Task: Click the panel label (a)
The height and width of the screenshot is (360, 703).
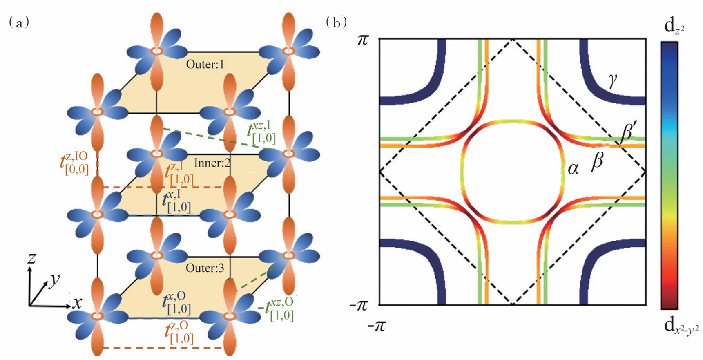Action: [x=18, y=22]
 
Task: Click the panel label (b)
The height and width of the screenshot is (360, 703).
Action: [x=336, y=22]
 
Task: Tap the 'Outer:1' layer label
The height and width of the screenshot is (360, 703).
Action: [x=205, y=65]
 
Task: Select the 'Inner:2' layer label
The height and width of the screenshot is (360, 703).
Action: [x=212, y=163]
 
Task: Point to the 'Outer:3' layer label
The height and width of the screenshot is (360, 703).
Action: [x=205, y=268]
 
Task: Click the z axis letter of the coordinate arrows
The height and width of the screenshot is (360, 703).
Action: [x=31, y=258]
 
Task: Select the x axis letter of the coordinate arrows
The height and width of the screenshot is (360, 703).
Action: [x=77, y=303]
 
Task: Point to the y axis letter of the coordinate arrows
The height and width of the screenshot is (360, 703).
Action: [x=54, y=280]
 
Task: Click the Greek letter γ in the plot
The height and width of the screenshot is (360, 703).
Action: [x=612, y=80]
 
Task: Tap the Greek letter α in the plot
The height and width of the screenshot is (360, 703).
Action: [x=573, y=168]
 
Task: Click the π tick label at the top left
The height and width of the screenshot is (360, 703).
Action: [x=363, y=40]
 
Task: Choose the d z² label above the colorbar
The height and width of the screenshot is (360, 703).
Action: [x=674, y=27]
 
